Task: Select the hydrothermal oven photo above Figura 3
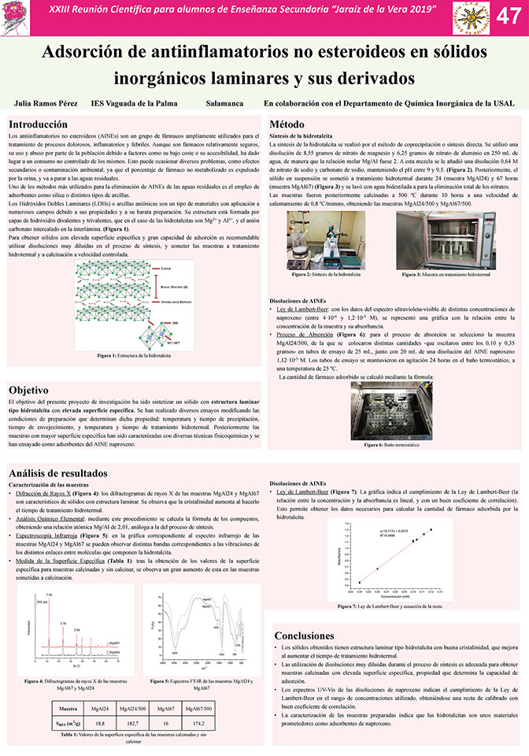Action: point(445,240)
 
